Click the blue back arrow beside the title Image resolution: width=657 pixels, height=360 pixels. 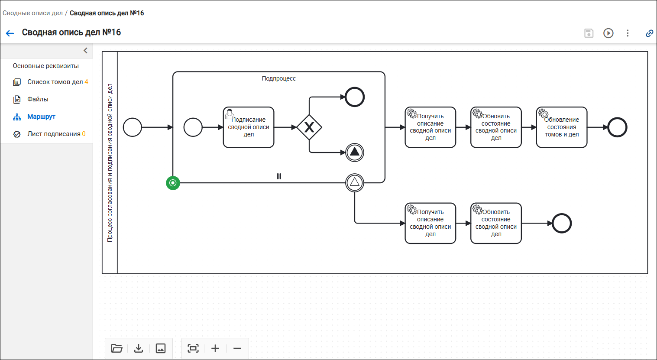(x=10, y=33)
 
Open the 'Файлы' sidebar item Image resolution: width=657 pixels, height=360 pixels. (x=38, y=99)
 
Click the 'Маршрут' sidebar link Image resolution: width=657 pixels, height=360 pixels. (x=41, y=117)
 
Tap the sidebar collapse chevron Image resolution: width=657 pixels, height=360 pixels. (x=85, y=50)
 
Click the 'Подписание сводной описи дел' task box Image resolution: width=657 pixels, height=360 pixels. (x=249, y=127)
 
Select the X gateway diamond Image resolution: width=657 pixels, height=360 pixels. (x=309, y=127)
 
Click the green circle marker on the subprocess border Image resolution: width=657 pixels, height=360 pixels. (x=173, y=183)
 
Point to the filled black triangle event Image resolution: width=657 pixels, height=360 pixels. (x=355, y=152)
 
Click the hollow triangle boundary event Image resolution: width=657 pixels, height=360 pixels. (x=355, y=183)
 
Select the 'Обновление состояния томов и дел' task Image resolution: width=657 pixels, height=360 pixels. (x=562, y=127)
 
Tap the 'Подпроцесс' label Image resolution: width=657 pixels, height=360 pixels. (x=278, y=78)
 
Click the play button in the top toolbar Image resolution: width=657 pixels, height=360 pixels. (x=608, y=33)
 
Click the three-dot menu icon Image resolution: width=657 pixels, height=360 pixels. (x=628, y=33)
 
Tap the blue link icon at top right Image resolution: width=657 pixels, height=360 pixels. (x=649, y=33)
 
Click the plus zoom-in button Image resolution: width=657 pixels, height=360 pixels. (x=215, y=348)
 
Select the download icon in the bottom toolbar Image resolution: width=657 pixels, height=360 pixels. (x=139, y=348)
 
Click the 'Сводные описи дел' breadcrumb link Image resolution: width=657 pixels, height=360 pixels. (x=32, y=13)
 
